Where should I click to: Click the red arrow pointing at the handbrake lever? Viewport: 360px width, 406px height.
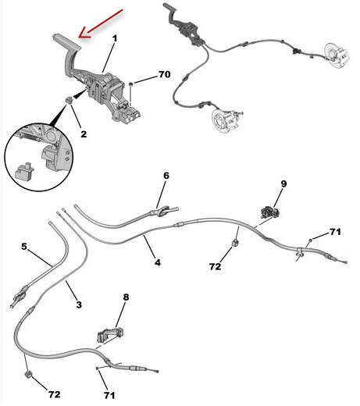101,23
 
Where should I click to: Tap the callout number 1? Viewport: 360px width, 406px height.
115,38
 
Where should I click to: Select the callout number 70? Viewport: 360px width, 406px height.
164,74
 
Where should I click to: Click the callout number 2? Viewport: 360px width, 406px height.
84,134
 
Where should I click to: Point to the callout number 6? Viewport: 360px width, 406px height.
166,176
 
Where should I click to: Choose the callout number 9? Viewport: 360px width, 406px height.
283,184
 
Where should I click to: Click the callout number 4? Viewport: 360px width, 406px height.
158,262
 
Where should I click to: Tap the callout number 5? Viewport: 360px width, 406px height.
24,246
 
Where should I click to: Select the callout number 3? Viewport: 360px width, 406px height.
79,304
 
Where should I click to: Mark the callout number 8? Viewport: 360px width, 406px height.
126,297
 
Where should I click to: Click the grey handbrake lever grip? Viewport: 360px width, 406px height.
66,42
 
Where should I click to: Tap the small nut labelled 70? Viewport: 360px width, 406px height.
131,84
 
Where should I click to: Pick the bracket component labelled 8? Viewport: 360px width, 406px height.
110,335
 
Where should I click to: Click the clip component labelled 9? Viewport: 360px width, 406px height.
270,212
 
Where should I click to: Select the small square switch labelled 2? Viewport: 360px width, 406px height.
69,100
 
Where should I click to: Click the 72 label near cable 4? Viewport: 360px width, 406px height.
215,266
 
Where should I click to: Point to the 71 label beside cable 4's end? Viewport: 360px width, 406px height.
335,232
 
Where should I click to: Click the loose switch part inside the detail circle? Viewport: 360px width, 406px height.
24,172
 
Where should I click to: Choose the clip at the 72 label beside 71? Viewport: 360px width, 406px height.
28,374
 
